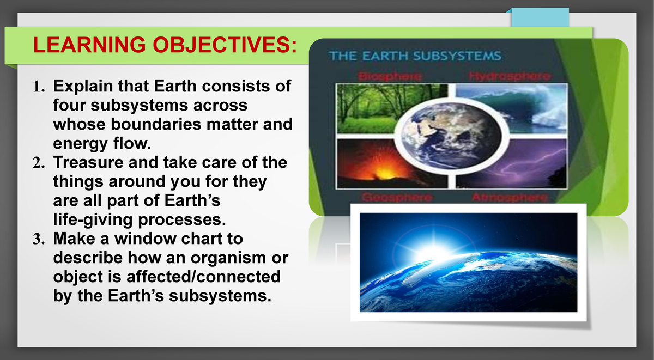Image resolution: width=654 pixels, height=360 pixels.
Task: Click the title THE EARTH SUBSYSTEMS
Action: (x=414, y=56)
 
